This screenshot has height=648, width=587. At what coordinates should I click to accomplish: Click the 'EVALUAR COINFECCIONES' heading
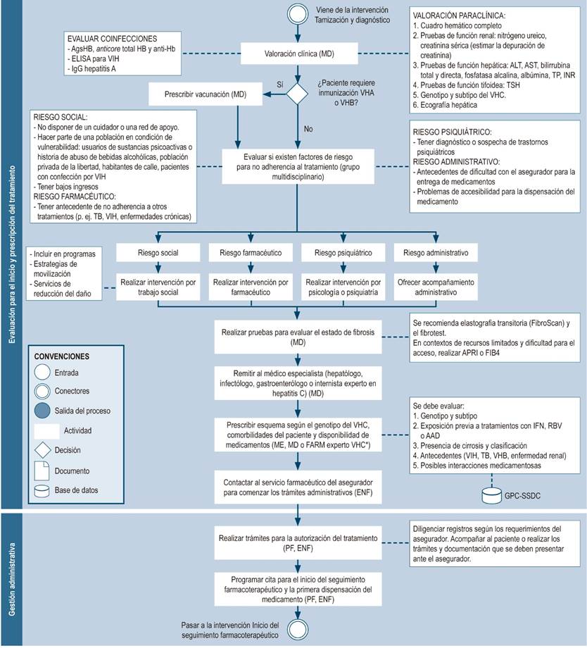[112, 38]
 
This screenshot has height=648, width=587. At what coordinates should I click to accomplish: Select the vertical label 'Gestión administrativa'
[12, 578]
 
